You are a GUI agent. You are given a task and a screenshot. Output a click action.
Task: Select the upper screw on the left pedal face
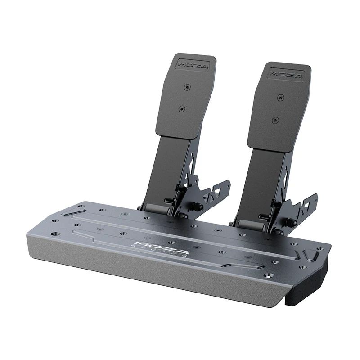click(x=187, y=87)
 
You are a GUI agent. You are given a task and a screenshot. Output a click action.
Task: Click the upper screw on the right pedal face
click(x=281, y=97)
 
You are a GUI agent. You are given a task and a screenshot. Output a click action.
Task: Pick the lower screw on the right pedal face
click(x=275, y=120)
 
